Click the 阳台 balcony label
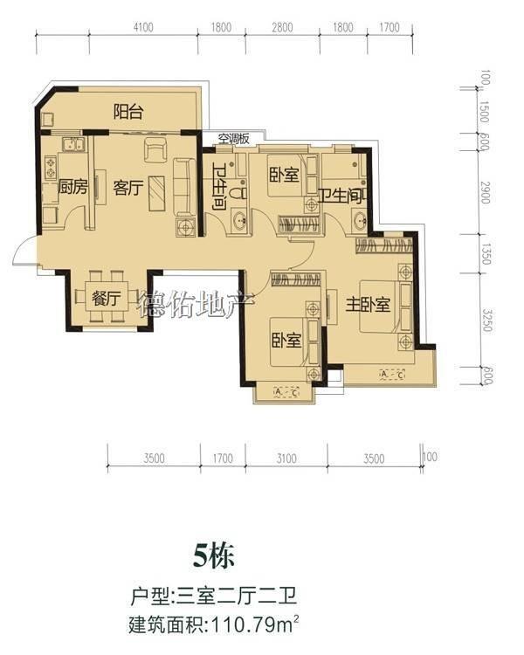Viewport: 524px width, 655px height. click(128, 112)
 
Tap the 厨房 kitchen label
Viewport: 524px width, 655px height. click(72, 187)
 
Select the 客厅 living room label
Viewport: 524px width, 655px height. click(128, 188)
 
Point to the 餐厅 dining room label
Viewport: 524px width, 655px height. click(107, 299)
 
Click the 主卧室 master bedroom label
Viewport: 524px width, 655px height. click(368, 305)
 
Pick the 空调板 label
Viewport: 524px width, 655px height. click(234, 138)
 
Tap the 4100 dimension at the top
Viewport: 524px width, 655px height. click(143, 28)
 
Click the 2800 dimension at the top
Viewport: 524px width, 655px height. click(282, 28)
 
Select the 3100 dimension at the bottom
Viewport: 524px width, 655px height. click(286, 458)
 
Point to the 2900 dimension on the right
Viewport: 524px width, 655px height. click(485, 193)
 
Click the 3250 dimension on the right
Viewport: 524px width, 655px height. click(486, 321)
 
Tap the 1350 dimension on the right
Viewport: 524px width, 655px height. click(486, 254)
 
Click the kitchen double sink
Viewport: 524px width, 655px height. click(74, 145)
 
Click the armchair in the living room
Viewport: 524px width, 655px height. click(155, 149)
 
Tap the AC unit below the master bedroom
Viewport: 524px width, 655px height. click(393, 375)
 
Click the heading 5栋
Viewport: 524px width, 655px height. click(213, 556)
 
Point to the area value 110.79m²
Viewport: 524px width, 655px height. click(256, 625)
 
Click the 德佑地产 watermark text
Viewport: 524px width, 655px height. click(196, 304)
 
